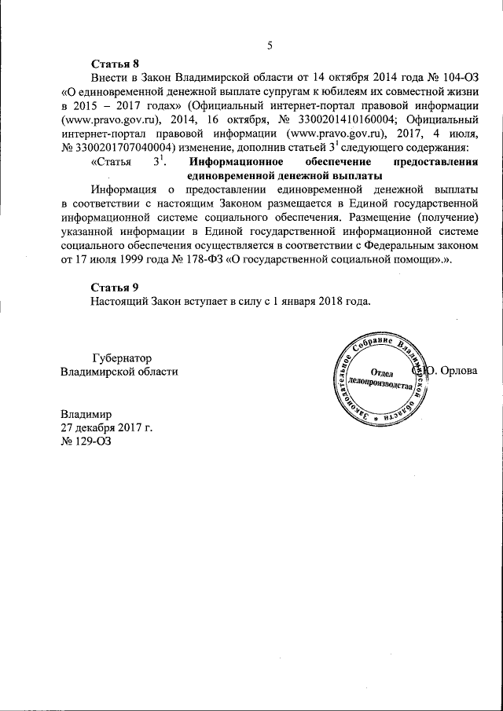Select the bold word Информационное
pos(237,162)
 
